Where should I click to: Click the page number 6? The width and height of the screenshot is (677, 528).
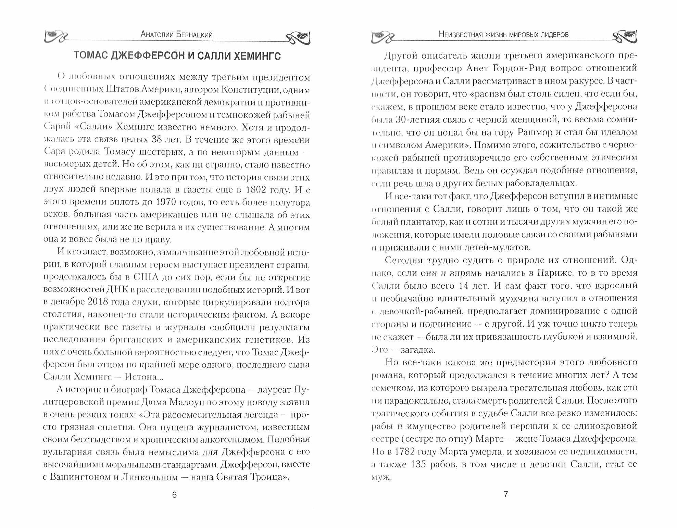point(174,495)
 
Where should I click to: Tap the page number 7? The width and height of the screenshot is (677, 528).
point(506,494)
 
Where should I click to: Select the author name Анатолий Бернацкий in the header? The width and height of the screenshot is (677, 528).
point(177,35)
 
